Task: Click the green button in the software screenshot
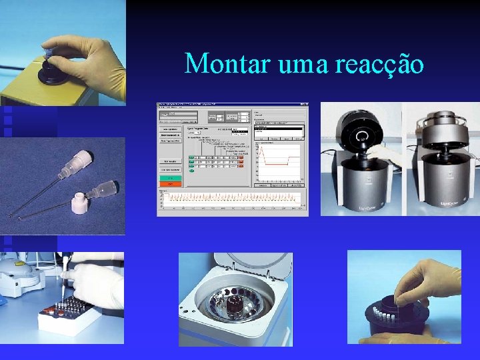(x=170, y=179)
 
